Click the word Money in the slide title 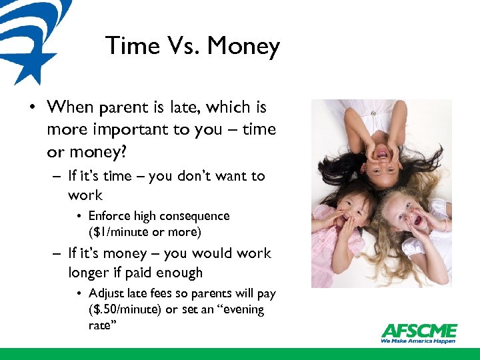pos(243,47)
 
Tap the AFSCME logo pos(419,331)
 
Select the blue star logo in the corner pos(30,37)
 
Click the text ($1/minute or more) pos(145,232)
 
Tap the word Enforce pos(109,216)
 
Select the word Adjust pos(106,293)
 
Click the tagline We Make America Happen pos(418,341)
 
